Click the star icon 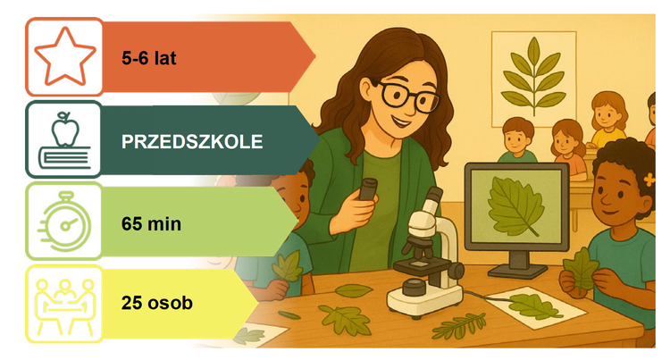(x=65, y=56)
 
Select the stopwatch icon (x=64, y=222)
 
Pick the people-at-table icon (x=64, y=305)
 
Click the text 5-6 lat (x=148, y=58)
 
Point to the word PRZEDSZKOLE (x=192, y=142)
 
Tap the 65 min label (x=151, y=224)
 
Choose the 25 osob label (x=157, y=303)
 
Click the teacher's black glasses (x=408, y=96)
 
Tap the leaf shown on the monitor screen (x=515, y=205)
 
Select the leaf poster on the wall (x=533, y=79)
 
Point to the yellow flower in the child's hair (x=649, y=180)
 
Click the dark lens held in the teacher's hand (x=367, y=188)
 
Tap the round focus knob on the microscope (x=456, y=272)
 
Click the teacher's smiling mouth (x=401, y=121)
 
